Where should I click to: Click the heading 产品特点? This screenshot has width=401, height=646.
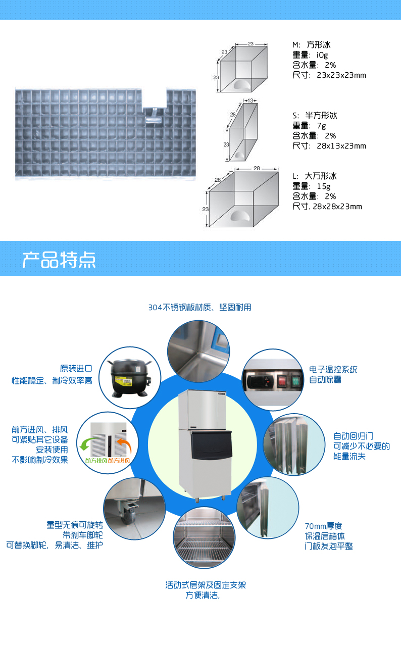click(59, 260)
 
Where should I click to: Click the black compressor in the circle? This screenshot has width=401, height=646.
click(129, 378)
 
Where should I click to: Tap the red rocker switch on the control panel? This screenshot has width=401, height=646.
click(282, 381)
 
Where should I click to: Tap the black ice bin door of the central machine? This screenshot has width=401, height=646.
click(211, 444)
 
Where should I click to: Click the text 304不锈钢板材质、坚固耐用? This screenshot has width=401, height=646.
click(199, 308)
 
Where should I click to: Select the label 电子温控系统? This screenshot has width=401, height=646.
click(333, 369)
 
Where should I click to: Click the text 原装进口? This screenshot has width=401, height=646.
click(76, 368)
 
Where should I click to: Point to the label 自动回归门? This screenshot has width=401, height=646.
click(354, 436)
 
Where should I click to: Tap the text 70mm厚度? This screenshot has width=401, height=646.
click(323, 526)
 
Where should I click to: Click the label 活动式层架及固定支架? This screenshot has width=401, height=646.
click(206, 585)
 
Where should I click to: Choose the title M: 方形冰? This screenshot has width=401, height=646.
click(311, 45)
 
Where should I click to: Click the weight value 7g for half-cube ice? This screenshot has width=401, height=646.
click(321, 126)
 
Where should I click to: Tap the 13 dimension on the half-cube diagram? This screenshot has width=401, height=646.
click(250, 101)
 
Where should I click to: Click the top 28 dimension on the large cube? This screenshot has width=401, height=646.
click(257, 168)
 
